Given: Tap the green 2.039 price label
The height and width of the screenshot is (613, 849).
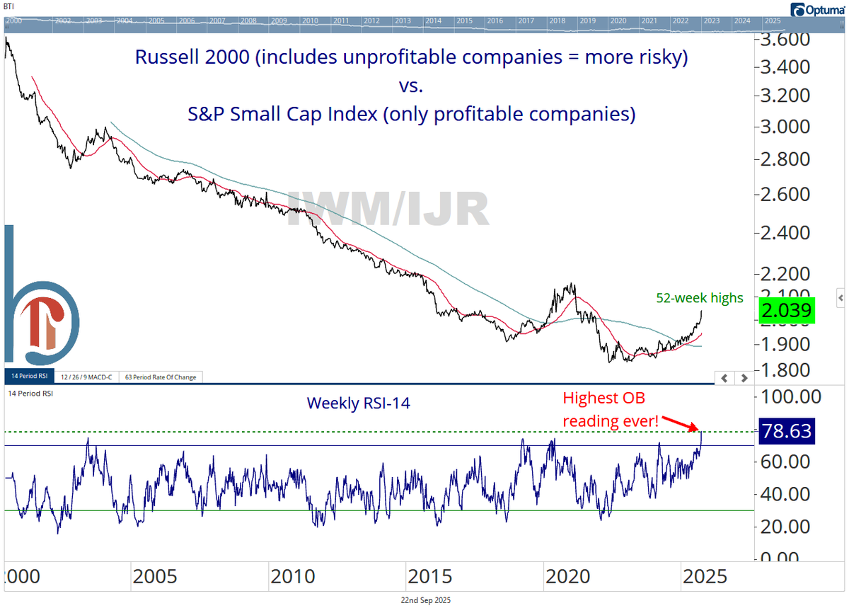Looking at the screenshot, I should [785, 311].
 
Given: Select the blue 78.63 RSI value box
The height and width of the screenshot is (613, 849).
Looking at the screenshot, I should [785, 430].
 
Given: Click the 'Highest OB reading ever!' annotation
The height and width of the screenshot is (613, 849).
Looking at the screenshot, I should [611, 411].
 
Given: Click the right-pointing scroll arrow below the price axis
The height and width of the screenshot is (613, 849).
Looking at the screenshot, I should [743, 378].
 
